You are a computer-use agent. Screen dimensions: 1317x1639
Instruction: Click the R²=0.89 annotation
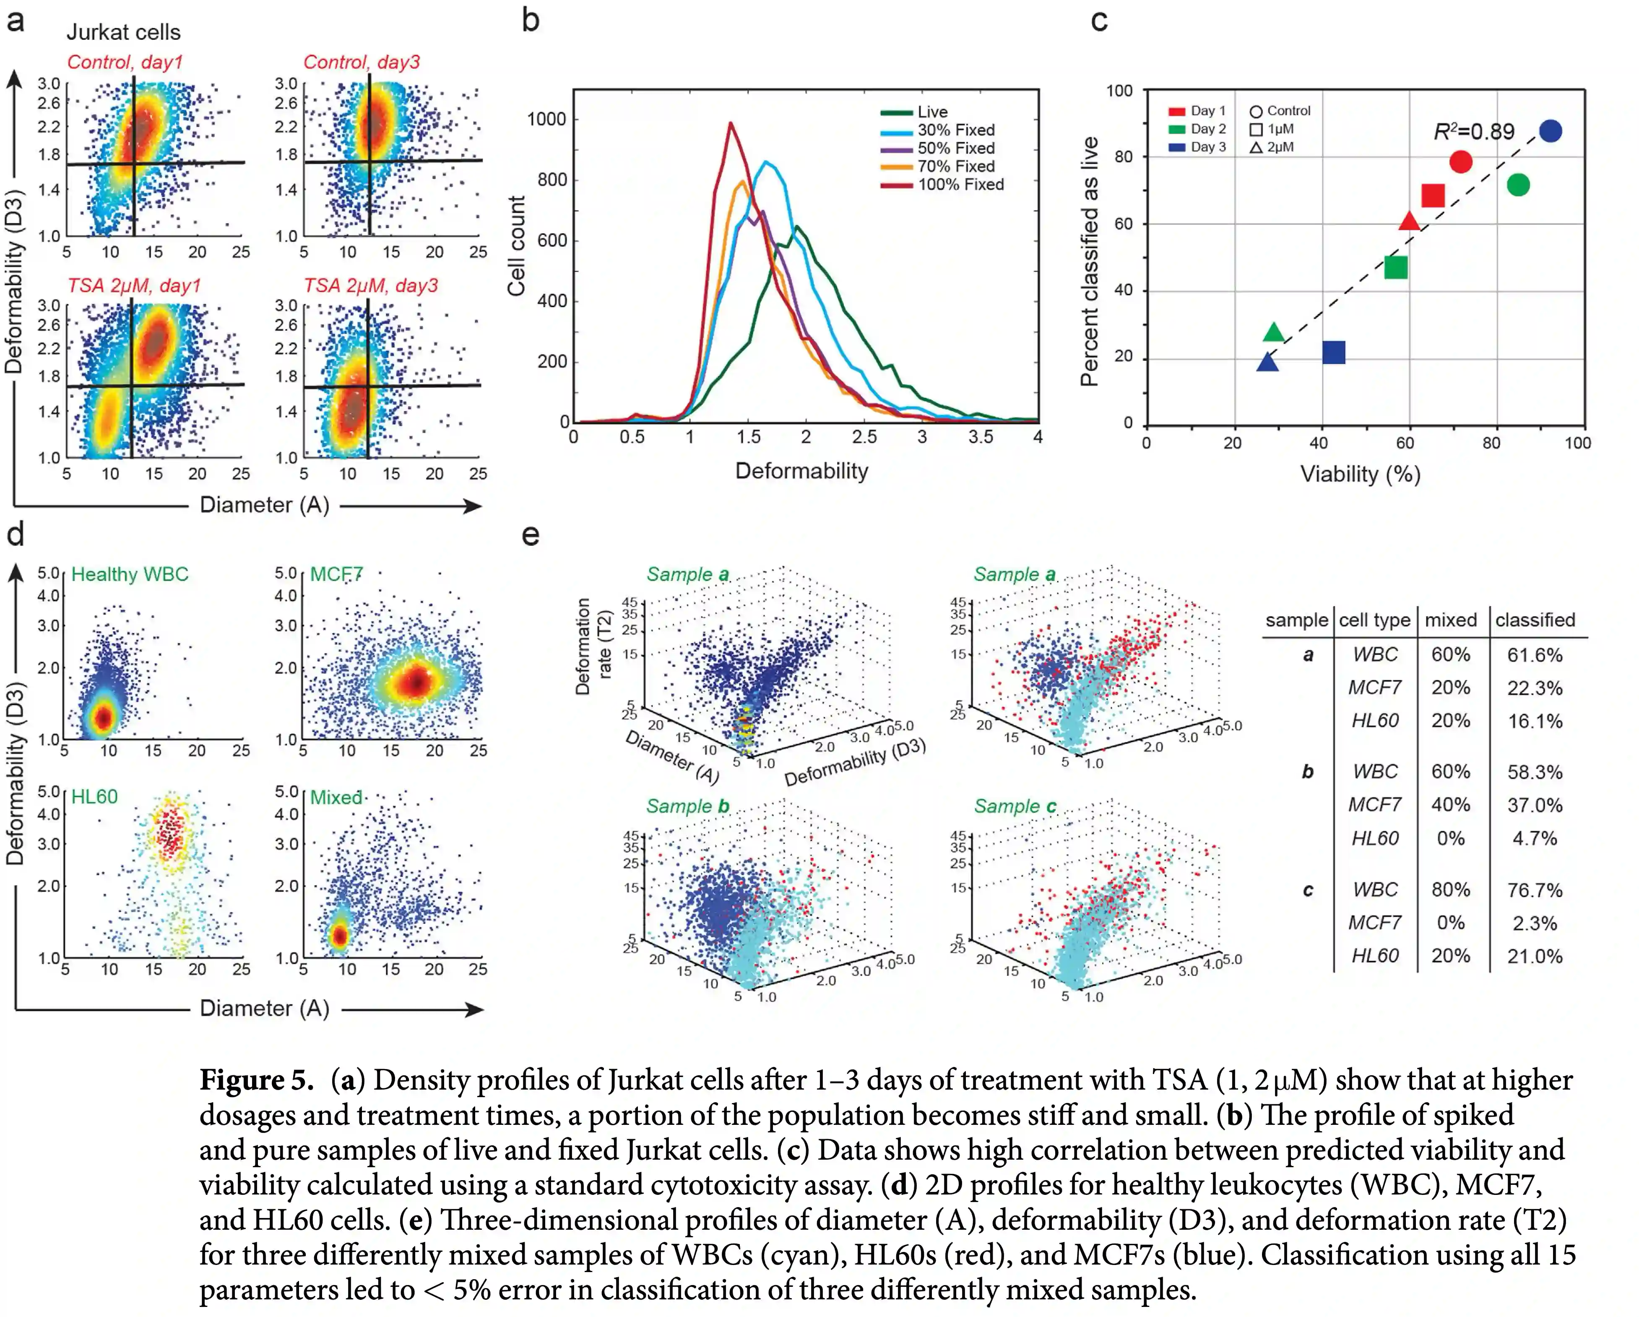click(1474, 132)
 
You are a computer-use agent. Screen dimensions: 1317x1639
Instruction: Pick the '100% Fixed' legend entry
click(960, 185)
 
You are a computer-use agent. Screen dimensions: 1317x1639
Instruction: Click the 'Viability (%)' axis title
click(1360, 475)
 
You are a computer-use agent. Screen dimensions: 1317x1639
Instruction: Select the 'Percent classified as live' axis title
click(1089, 261)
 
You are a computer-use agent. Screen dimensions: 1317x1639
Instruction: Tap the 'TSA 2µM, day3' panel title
click(371, 286)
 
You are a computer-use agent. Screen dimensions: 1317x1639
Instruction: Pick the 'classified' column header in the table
click(1535, 620)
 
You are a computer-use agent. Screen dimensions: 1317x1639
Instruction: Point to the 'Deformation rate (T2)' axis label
click(593, 647)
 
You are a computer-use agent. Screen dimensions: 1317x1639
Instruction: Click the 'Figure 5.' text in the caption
click(256, 1080)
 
